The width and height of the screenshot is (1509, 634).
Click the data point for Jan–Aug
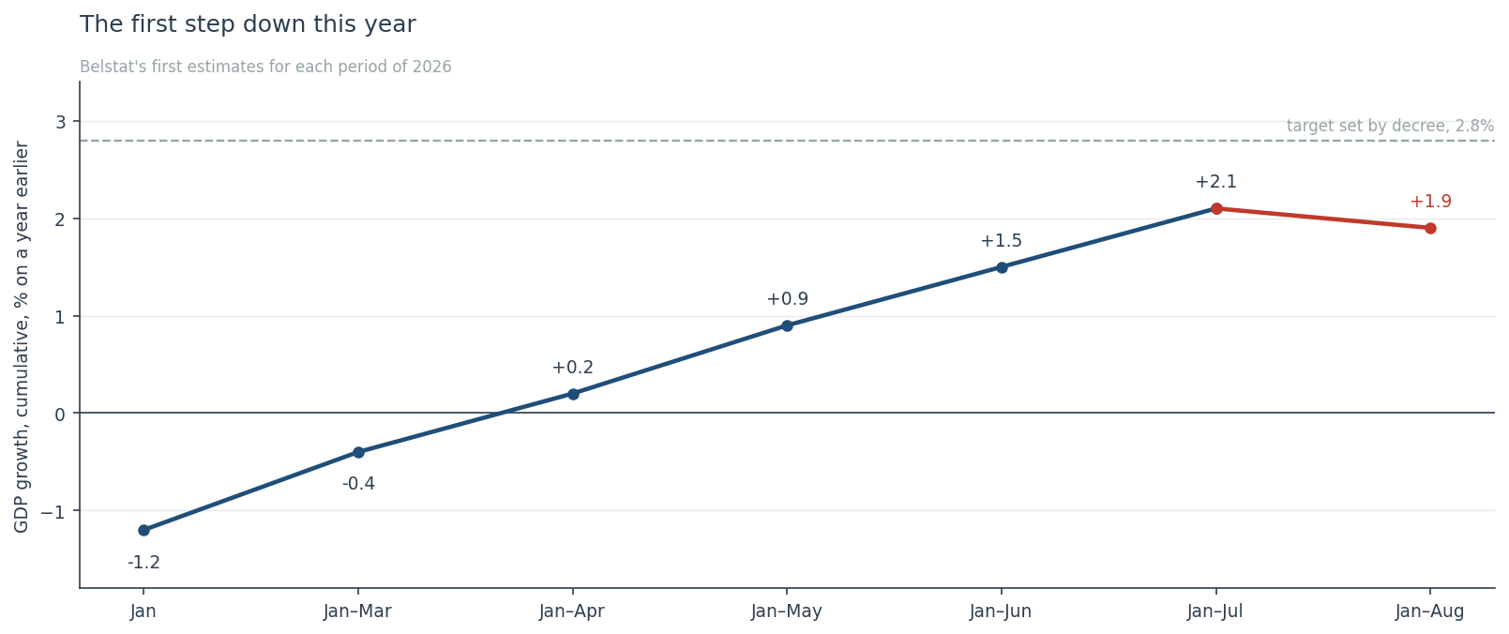coord(1430,229)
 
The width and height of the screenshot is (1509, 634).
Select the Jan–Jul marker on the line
coord(1216,209)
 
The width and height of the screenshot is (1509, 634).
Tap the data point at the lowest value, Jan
coord(143,530)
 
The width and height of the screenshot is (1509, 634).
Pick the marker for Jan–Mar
coord(358,452)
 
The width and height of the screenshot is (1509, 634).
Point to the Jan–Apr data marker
coord(573,394)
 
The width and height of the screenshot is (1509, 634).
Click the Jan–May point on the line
coord(787,326)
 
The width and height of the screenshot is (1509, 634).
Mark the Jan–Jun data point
coord(1002,267)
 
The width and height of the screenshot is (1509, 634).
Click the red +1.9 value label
coord(1430,202)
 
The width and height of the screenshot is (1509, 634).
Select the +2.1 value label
coord(1216,182)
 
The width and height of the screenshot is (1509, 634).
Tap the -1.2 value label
coord(143,563)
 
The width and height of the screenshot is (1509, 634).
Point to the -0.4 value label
coord(358,484)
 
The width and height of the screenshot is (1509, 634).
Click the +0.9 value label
coord(787,299)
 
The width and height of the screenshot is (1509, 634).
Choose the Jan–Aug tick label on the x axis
coord(1429,611)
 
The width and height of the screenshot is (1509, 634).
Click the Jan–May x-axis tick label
coord(786,611)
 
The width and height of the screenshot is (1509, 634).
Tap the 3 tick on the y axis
coord(61,122)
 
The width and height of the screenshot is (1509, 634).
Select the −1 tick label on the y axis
coord(53,511)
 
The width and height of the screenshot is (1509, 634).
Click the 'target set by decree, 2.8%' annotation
coord(1390,126)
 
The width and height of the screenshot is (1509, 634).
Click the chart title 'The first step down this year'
coord(248,24)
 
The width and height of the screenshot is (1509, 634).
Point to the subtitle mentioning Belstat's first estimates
coord(265,67)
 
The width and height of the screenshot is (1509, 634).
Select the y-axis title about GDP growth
coord(22,337)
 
